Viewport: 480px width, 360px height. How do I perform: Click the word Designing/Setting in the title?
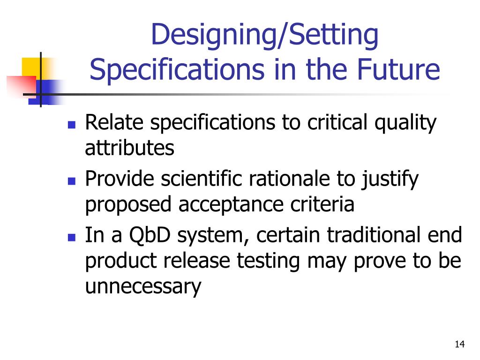pos(265,37)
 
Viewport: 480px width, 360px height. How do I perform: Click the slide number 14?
pos(459,345)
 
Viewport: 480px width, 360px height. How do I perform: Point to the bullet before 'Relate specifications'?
pos(72,125)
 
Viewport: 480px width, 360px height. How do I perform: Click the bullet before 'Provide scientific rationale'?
pos(72,181)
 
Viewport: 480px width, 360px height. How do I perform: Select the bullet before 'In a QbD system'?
pos(72,237)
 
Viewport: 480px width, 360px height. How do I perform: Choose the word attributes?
pos(129,148)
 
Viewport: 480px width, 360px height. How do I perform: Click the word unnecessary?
pos(143,286)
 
